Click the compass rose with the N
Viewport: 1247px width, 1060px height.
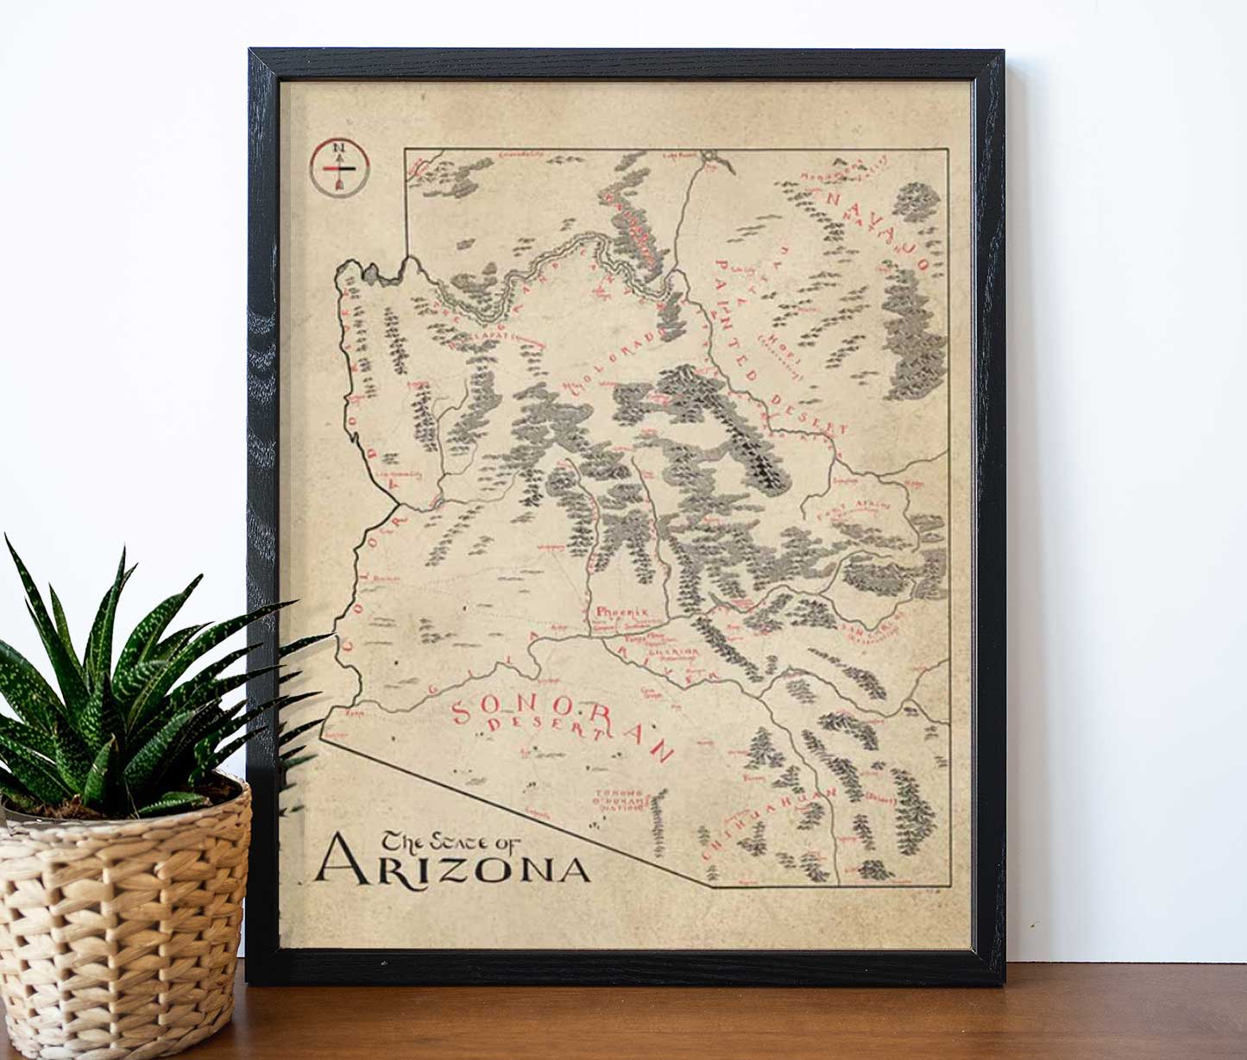[x=339, y=166]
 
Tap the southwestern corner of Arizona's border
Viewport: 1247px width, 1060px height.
[x=321, y=736]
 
